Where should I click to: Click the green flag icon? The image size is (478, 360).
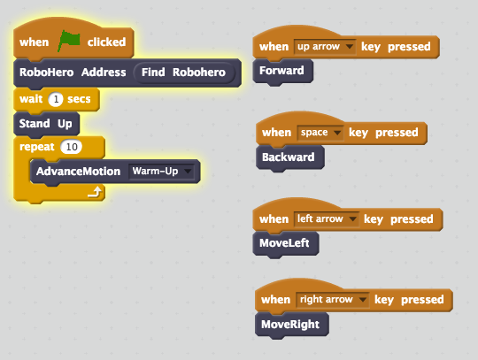(x=69, y=42)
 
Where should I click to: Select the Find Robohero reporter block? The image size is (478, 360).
(x=184, y=73)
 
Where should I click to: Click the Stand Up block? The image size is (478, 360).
(x=46, y=122)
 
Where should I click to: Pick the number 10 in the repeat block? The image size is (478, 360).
(x=71, y=146)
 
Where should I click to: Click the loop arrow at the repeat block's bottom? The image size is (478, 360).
(x=91, y=190)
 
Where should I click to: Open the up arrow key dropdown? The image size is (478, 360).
(x=325, y=46)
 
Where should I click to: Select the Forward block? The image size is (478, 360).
(x=280, y=71)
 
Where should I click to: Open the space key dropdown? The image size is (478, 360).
(x=319, y=133)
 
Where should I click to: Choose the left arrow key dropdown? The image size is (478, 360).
(x=326, y=218)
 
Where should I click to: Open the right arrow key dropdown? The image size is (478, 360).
(x=331, y=300)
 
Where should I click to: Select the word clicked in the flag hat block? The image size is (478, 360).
(x=106, y=42)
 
